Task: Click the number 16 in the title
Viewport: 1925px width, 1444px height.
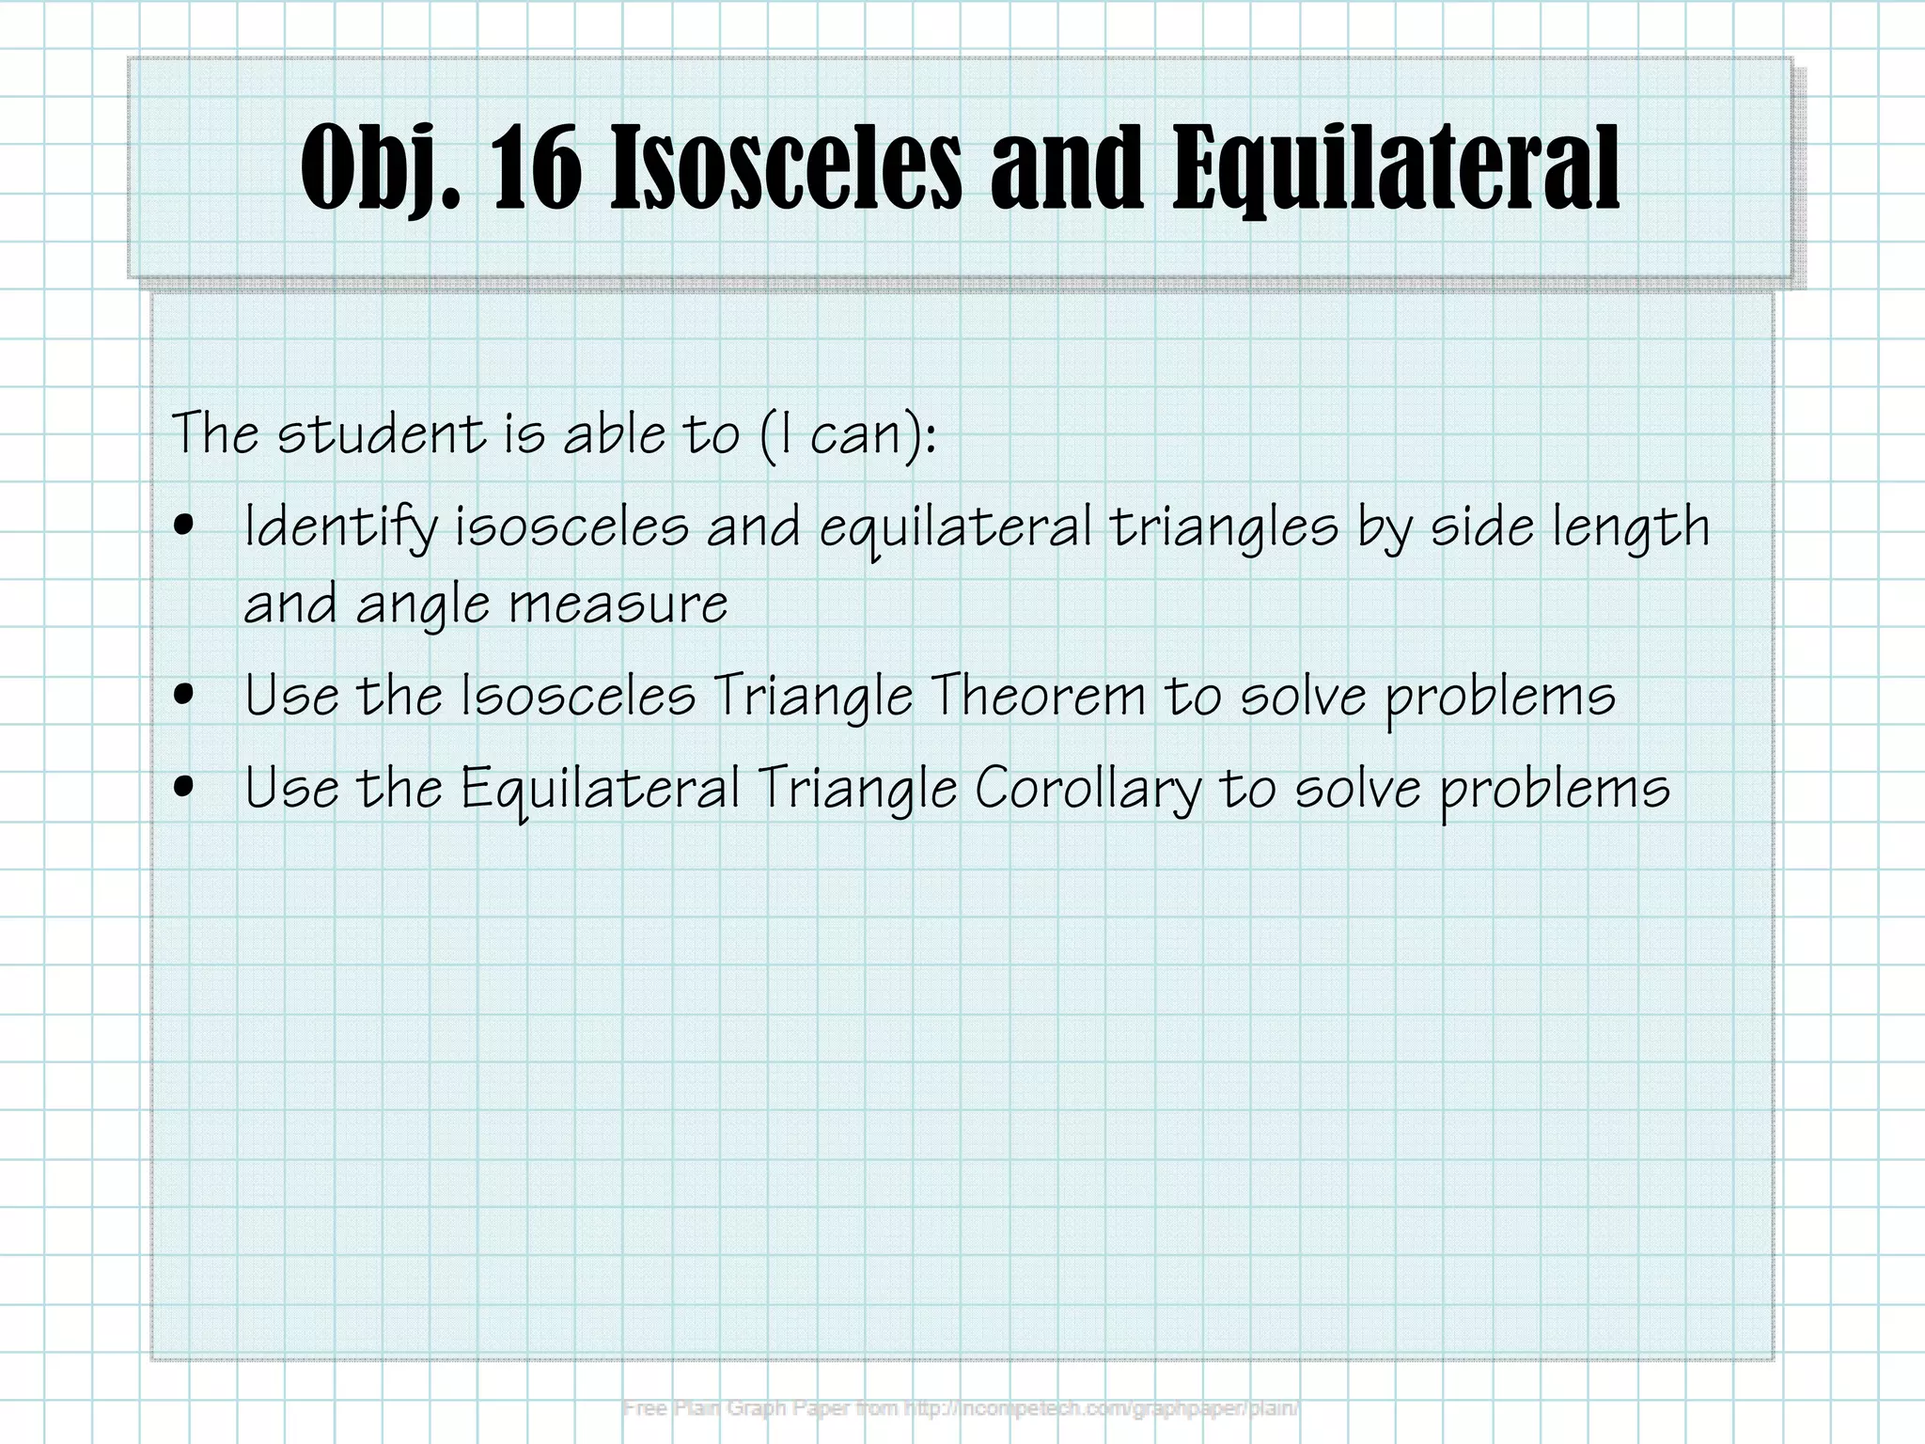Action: click(536, 169)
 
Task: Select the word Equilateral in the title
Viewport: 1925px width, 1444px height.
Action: click(1395, 169)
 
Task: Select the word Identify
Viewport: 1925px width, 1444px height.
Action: click(341, 527)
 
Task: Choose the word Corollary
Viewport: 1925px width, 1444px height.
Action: click(1088, 788)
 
